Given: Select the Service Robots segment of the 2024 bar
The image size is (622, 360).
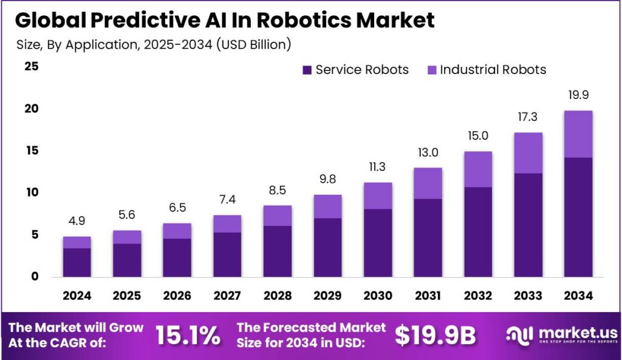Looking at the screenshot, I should tap(77, 262).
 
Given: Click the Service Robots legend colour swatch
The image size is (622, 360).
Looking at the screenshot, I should tap(307, 70).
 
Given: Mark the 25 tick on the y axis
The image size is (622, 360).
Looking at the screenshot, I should tap(31, 67).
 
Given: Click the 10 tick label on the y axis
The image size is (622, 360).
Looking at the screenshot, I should tap(31, 192).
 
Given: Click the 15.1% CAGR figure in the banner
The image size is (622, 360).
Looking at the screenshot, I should tap(188, 335).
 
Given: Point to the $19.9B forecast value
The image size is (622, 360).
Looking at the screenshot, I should tap(436, 335).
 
